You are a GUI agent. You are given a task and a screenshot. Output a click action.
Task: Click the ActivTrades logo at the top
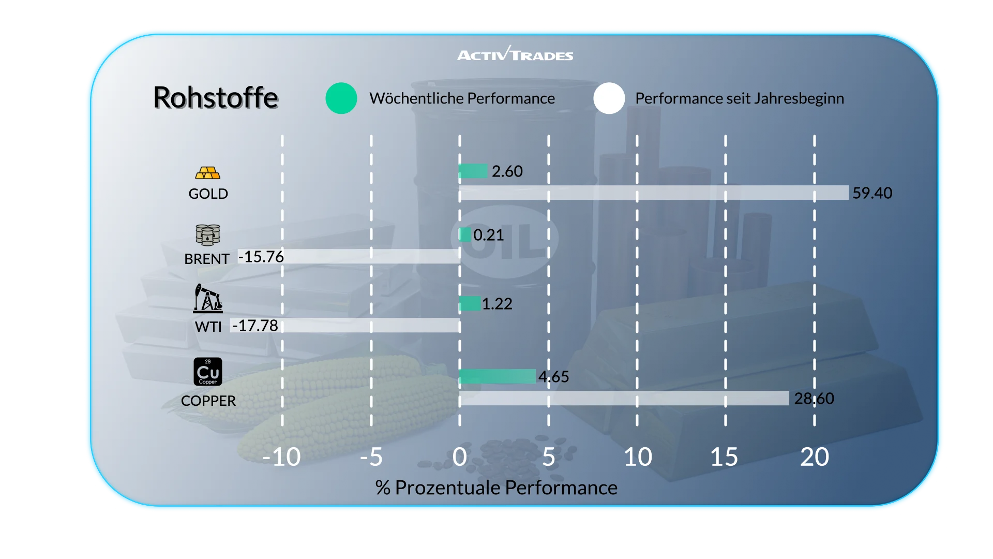click(x=515, y=54)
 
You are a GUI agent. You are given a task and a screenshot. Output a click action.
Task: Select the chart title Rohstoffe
click(x=216, y=97)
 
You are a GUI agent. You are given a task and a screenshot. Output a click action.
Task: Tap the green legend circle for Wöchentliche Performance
click(x=341, y=98)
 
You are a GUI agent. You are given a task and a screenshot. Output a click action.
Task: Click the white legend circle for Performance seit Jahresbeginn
click(x=609, y=98)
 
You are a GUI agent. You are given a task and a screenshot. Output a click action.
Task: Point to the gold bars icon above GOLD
click(x=208, y=173)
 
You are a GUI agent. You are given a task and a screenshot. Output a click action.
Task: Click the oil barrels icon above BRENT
click(x=208, y=235)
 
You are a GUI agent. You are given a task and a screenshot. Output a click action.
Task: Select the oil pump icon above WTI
click(x=208, y=298)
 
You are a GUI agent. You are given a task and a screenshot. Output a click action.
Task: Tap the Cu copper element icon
click(x=208, y=372)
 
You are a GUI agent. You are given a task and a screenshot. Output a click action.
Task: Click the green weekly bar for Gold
click(x=473, y=171)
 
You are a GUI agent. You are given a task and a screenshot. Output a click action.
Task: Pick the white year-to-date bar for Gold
click(x=654, y=193)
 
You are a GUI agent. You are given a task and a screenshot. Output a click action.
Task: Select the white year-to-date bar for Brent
click(x=371, y=256)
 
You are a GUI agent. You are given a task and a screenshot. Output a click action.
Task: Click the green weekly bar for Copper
click(x=497, y=376)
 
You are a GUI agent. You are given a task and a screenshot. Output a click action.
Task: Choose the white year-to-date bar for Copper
click(x=624, y=399)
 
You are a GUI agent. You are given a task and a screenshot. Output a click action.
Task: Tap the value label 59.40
click(x=872, y=193)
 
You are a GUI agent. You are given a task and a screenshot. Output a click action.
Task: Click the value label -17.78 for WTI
click(x=255, y=326)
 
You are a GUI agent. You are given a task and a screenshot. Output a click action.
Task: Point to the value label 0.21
click(x=488, y=235)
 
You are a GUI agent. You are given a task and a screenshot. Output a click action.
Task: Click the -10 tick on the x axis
click(x=281, y=457)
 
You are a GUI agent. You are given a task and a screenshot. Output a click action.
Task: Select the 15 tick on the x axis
click(x=724, y=457)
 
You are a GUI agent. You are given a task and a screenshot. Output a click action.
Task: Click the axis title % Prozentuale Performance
click(x=496, y=488)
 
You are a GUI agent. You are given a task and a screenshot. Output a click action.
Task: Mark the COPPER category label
click(x=208, y=401)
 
